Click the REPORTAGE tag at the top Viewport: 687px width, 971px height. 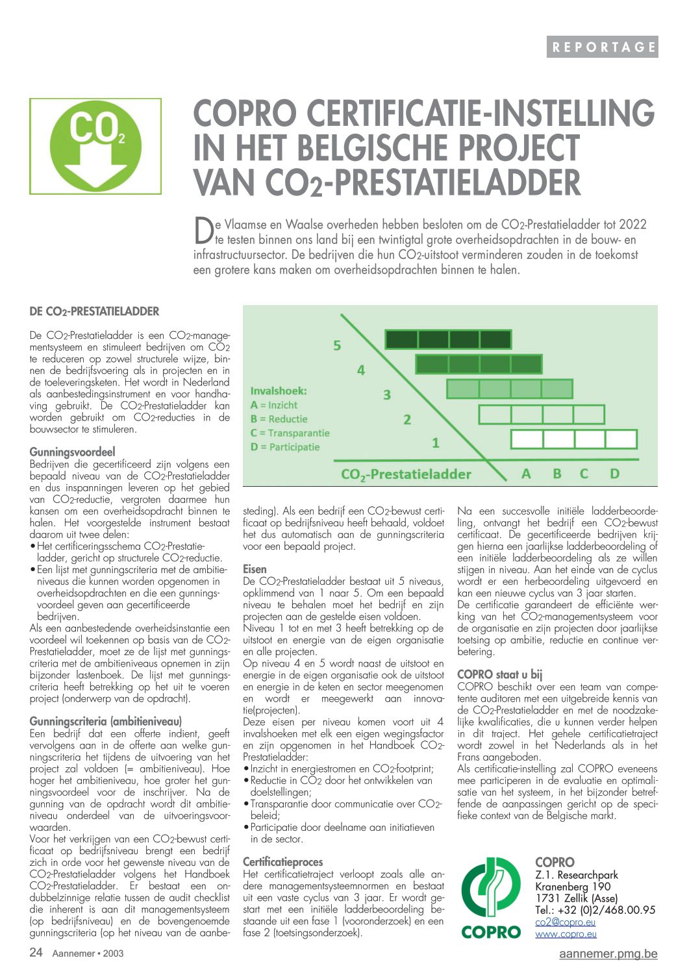[603, 47]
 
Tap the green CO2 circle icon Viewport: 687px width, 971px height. [95, 145]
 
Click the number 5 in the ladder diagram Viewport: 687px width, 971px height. [337, 345]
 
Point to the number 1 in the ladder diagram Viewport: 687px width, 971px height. [436, 443]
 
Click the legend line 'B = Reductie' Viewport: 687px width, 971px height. [279, 419]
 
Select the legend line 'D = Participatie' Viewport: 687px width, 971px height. [285, 447]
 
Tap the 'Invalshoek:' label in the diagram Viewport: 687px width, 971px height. [279, 391]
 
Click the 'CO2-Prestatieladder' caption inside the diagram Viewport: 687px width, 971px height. [406, 474]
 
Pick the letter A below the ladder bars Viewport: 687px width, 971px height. [526, 474]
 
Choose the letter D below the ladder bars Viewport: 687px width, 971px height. [614, 474]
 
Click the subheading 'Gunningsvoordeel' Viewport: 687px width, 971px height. [72, 452]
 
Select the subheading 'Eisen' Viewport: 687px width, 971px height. [255, 569]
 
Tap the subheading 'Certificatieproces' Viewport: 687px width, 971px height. [282, 862]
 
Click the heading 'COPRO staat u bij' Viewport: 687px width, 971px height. [499, 674]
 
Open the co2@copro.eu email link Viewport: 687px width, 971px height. [565, 922]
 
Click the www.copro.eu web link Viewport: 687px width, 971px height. [566, 934]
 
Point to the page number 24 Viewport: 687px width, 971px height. [36, 952]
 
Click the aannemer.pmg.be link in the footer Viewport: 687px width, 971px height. [608, 953]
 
